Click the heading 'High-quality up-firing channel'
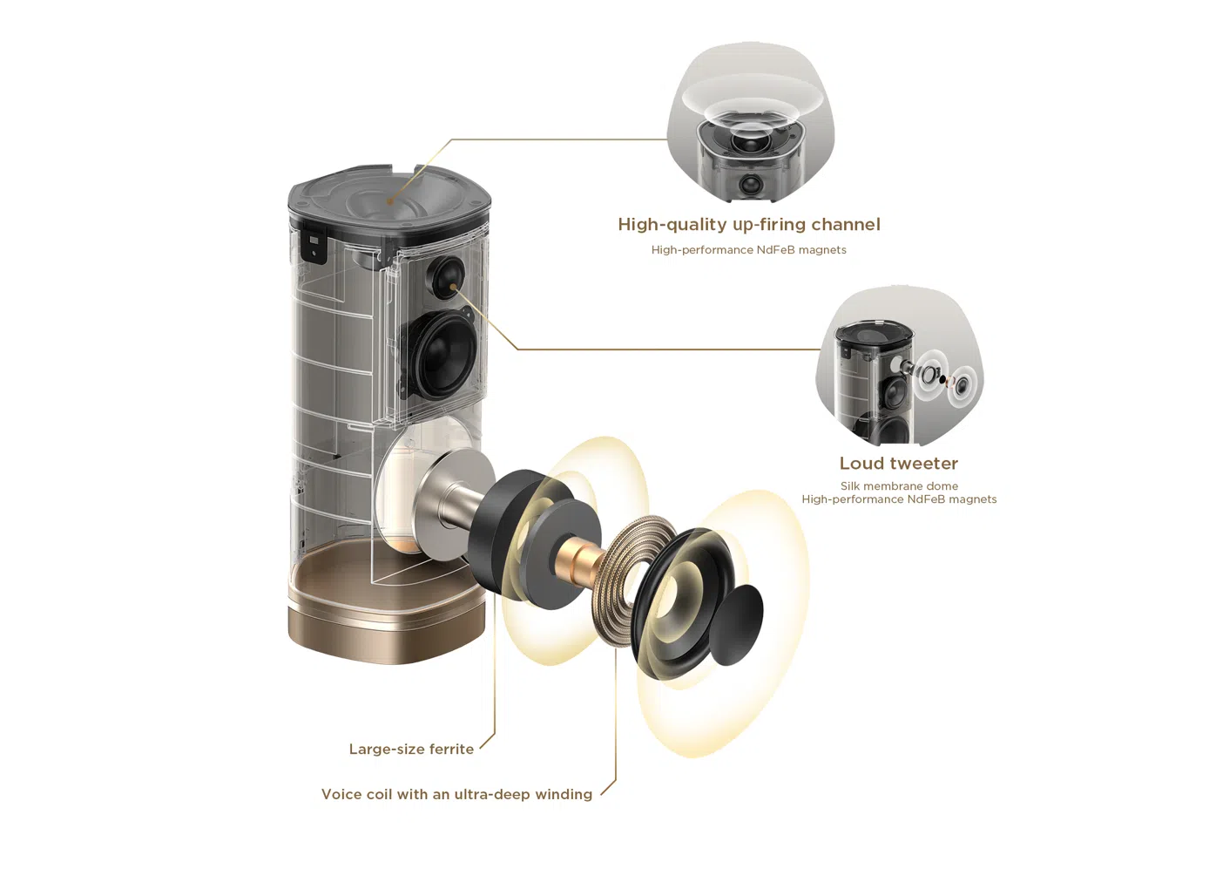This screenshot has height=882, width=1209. tap(749, 225)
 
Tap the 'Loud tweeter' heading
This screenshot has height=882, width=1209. tap(899, 464)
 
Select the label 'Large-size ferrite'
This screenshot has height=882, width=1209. tap(411, 750)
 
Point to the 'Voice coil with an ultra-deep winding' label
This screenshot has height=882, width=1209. tap(456, 795)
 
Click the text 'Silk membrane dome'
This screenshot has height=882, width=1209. tap(899, 486)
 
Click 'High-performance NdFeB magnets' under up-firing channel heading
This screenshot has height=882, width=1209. tap(748, 250)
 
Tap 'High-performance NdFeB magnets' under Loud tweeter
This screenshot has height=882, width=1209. tap(899, 499)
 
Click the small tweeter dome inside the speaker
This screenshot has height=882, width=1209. tap(447, 277)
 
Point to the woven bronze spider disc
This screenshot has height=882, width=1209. tap(638, 580)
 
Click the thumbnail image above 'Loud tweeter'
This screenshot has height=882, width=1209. tap(899, 366)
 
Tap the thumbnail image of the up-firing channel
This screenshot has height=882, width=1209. tap(751, 122)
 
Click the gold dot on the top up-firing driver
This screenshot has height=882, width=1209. tap(389, 201)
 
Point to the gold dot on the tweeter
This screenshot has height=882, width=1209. tap(454, 287)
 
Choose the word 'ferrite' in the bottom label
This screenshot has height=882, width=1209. tap(451, 750)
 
